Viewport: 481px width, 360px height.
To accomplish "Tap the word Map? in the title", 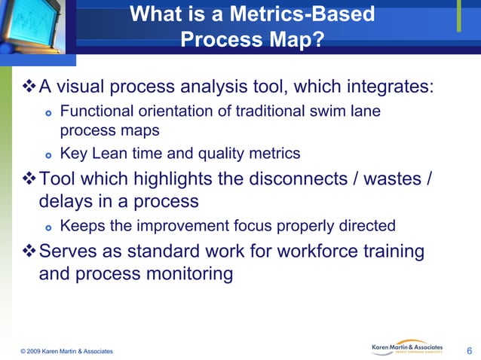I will (x=299, y=38).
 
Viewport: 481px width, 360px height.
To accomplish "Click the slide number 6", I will (x=470, y=351).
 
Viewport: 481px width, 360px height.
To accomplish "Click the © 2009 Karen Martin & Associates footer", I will (x=67, y=352).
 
